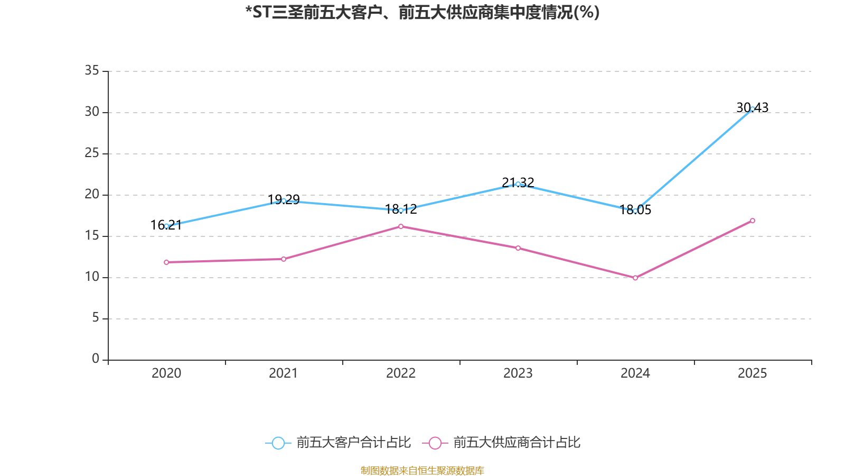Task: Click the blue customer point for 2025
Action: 753,109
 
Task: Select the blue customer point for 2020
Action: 166,226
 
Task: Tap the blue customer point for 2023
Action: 518,184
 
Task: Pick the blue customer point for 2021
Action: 284,200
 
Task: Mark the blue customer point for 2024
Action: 635,210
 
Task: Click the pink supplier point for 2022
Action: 401,226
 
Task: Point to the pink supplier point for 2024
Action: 635,278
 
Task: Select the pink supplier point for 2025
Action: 753,221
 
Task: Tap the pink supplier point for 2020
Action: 166,262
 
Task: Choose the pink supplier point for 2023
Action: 518,248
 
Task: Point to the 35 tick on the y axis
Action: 92,70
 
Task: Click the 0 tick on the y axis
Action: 96,359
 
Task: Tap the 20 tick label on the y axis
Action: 92,194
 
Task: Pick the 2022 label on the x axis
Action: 401,373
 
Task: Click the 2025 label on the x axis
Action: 752,373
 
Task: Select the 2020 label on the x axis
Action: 166,373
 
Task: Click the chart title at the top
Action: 422,12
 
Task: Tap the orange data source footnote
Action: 422,470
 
